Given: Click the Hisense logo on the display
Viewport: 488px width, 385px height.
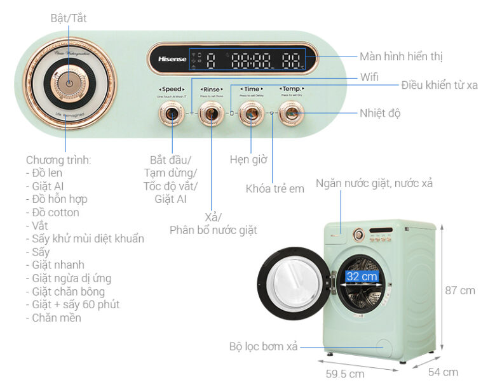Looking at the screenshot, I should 168,59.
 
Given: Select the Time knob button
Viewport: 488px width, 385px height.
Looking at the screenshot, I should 252,114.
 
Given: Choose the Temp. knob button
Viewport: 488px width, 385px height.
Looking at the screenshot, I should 291,114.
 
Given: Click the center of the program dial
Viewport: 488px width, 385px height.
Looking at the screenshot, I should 69,83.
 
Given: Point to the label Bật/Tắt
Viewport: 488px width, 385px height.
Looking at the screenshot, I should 69,18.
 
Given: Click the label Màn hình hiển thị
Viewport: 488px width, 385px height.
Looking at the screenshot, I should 400,56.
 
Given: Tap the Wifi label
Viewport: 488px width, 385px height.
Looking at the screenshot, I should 369,77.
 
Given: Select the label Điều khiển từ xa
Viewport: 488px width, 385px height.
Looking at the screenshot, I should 439,85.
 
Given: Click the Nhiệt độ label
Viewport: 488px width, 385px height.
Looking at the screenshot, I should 380,113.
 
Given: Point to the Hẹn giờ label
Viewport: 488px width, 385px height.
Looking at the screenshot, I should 248,159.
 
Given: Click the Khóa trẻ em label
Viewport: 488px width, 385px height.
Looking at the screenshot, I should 275,188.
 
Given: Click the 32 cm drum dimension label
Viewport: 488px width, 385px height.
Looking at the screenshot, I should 362,277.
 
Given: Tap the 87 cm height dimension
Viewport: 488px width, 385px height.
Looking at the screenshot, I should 459,290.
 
